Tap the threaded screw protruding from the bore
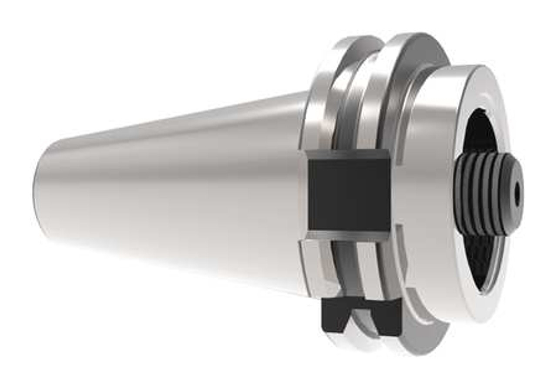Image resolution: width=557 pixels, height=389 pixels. coord(485,194)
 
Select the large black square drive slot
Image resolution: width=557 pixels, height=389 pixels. coord(348,194)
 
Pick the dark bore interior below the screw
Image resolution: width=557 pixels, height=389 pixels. coord(483,261)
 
